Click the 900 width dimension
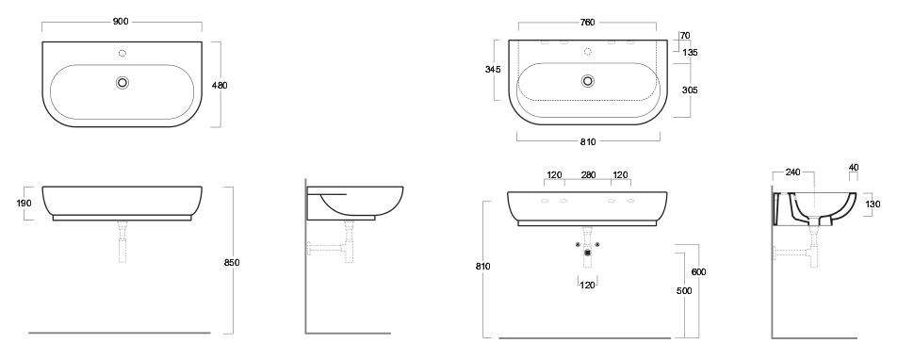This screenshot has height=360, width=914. pos(121,22)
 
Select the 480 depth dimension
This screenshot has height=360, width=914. pos(220,85)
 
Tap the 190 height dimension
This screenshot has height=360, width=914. pos(24,204)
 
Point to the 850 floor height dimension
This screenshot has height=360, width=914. pos(232,263)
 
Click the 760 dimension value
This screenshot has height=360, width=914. pos(588,23)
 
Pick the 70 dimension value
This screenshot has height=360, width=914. pos(684,36)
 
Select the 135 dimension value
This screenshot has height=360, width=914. pos(690,53)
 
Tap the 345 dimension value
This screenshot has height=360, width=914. pos(493,70)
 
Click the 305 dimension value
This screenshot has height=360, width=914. pos(690,90)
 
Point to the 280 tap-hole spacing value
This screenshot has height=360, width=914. pos(588,174)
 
